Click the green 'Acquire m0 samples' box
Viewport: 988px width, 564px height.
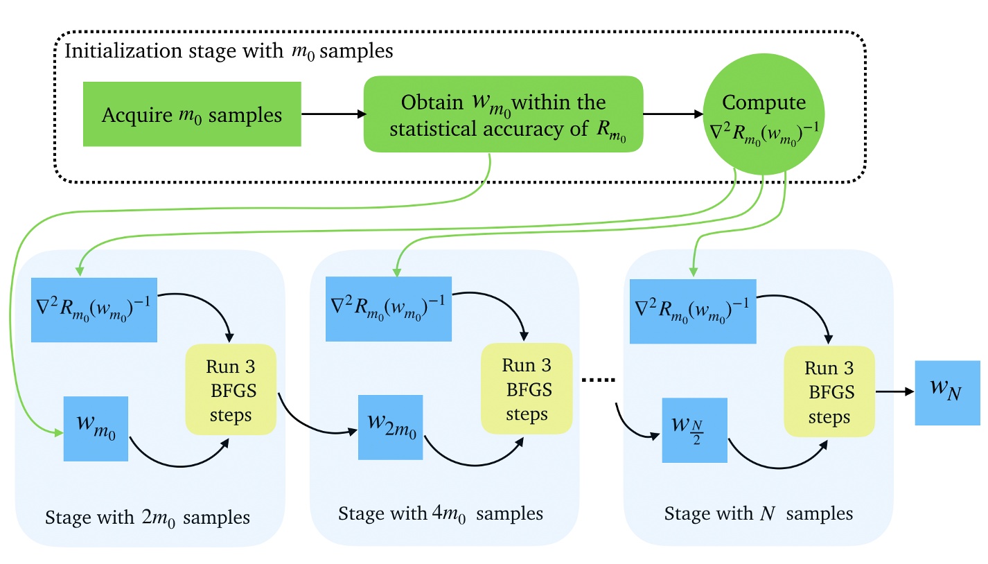point(192,114)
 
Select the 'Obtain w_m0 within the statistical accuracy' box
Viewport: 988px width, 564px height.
point(504,114)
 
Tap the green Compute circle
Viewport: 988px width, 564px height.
point(764,114)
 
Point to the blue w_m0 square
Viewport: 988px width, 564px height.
point(96,428)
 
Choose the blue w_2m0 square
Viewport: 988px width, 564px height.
point(391,428)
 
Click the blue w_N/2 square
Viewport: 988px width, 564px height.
point(694,430)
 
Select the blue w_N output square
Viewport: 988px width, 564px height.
point(946,392)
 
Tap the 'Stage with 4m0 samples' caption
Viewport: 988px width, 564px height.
point(441,514)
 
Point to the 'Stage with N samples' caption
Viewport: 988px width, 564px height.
point(758,514)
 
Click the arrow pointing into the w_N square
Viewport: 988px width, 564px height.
point(894,391)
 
